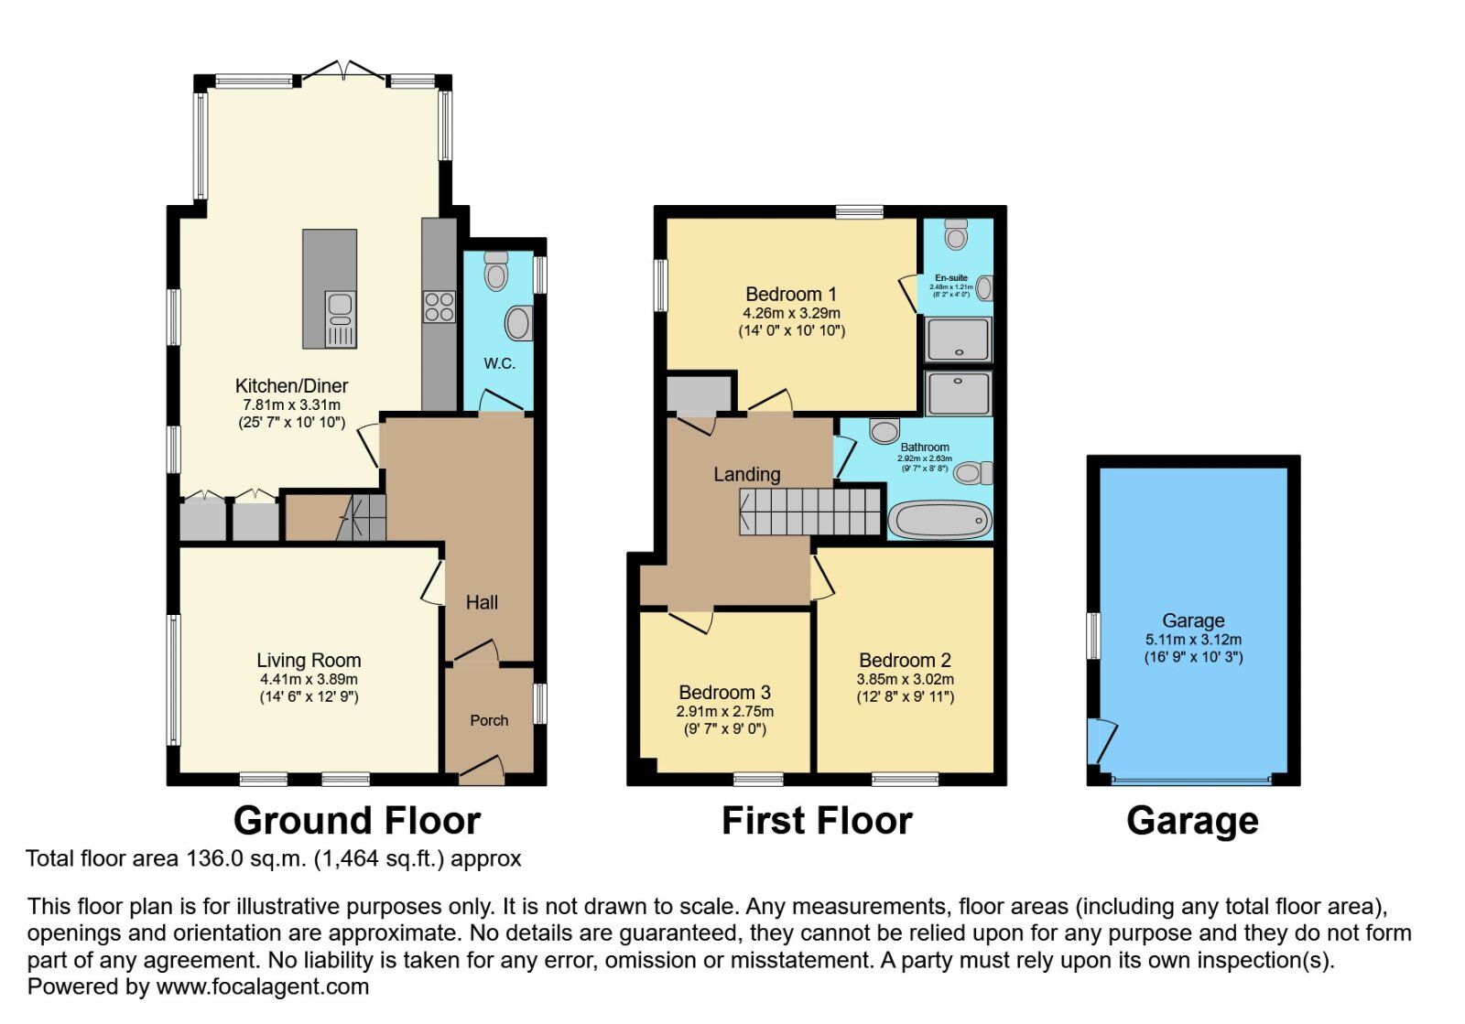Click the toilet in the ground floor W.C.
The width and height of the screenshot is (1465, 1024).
point(496,271)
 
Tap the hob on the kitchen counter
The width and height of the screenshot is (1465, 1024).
point(439,307)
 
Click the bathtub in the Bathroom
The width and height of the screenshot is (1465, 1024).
point(939,521)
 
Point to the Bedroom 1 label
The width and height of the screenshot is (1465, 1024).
point(791,295)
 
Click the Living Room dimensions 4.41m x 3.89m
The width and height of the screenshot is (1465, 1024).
point(309,680)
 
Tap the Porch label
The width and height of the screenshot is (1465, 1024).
point(489,721)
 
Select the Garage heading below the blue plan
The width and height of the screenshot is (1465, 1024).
point(1192,821)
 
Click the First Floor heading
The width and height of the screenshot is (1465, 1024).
point(817,821)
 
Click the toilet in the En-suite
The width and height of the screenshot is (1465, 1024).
point(956,235)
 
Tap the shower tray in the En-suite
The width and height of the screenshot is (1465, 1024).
point(958,340)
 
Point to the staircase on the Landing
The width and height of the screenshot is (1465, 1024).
point(809,511)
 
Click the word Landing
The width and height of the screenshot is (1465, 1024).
point(747,474)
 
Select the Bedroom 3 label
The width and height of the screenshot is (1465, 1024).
point(724,693)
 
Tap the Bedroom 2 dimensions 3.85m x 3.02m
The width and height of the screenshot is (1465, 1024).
point(905,680)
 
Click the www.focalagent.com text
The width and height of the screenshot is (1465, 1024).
point(263,987)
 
